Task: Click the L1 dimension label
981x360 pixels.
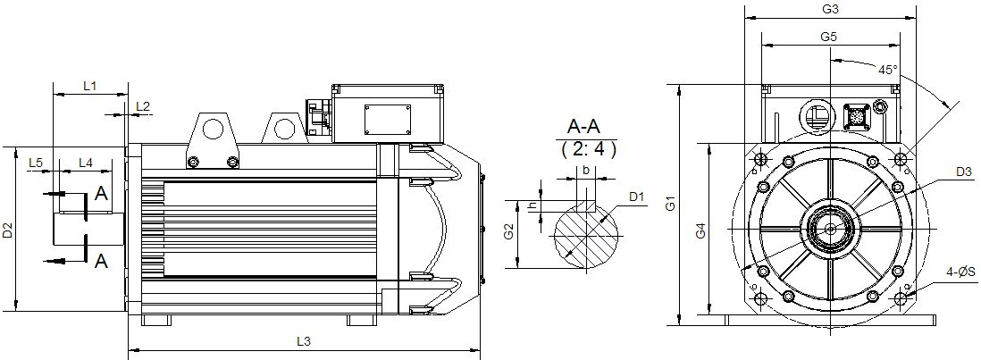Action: pos(89,87)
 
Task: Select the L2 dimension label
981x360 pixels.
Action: pos(143,107)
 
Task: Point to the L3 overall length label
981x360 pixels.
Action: pos(304,341)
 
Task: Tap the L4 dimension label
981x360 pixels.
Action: pos(86,163)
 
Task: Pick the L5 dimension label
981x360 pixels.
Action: pos(36,163)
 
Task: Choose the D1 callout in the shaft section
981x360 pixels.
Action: pos(637,197)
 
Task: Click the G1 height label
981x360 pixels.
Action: pos(670,205)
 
